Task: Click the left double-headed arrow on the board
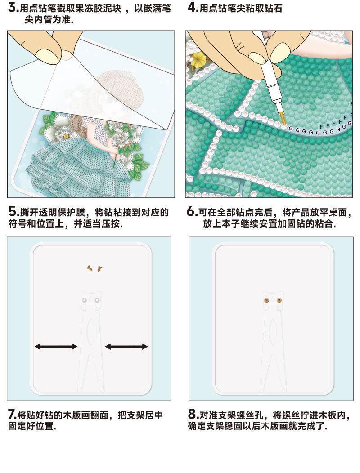click(x=56, y=346)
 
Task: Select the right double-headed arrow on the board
click(x=126, y=346)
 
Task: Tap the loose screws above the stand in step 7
click(x=94, y=268)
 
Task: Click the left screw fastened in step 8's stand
click(x=266, y=299)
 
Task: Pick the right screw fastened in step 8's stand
click(x=279, y=299)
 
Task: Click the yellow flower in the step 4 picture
click(x=198, y=59)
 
